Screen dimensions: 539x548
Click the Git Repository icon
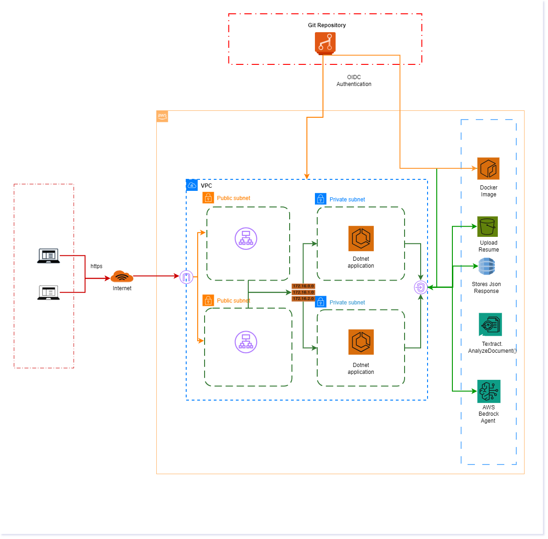pyautogui.click(x=325, y=43)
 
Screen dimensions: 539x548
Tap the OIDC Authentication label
pyautogui.click(x=354, y=81)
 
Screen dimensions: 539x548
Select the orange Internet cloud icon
pyautogui.click(x=122, y=277)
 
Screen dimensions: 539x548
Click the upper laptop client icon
pyautogui.click(x=48, y=255)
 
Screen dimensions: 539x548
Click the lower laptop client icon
pyautogui.click(x=48, y=292)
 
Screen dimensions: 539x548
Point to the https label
pyautogui.click(x=96, y=266)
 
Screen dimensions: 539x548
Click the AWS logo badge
pyautogui.click(x=162, y=116)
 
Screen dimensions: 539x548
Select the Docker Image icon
pyautogui.click(x=488, y=169)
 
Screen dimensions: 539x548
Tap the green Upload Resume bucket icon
pyautogui.click(x=487, y=227)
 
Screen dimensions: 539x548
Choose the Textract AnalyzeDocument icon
pyautogui.click(x=490, y=325)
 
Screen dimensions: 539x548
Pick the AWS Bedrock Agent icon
pyautogui.click(x=488, y=391)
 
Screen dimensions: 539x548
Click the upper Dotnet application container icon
pyautogui.click(x=361, y=238)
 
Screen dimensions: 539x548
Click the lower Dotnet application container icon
pyautogui.click(x=361, y=342)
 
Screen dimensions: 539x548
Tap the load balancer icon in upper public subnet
pyautogui.click(x=246, y=239)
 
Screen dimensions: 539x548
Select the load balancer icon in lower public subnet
pyautogui.click(x=246, y=342)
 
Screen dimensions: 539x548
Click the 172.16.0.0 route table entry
pyautogui.click(x=303, y=286)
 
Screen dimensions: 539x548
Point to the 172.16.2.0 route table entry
pyautogui.click(x=303, y=299)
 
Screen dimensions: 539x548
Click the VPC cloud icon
pyautogui.click(x=192, y=185)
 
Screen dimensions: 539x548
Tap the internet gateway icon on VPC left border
pyautogui.click(x=186, y=277)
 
